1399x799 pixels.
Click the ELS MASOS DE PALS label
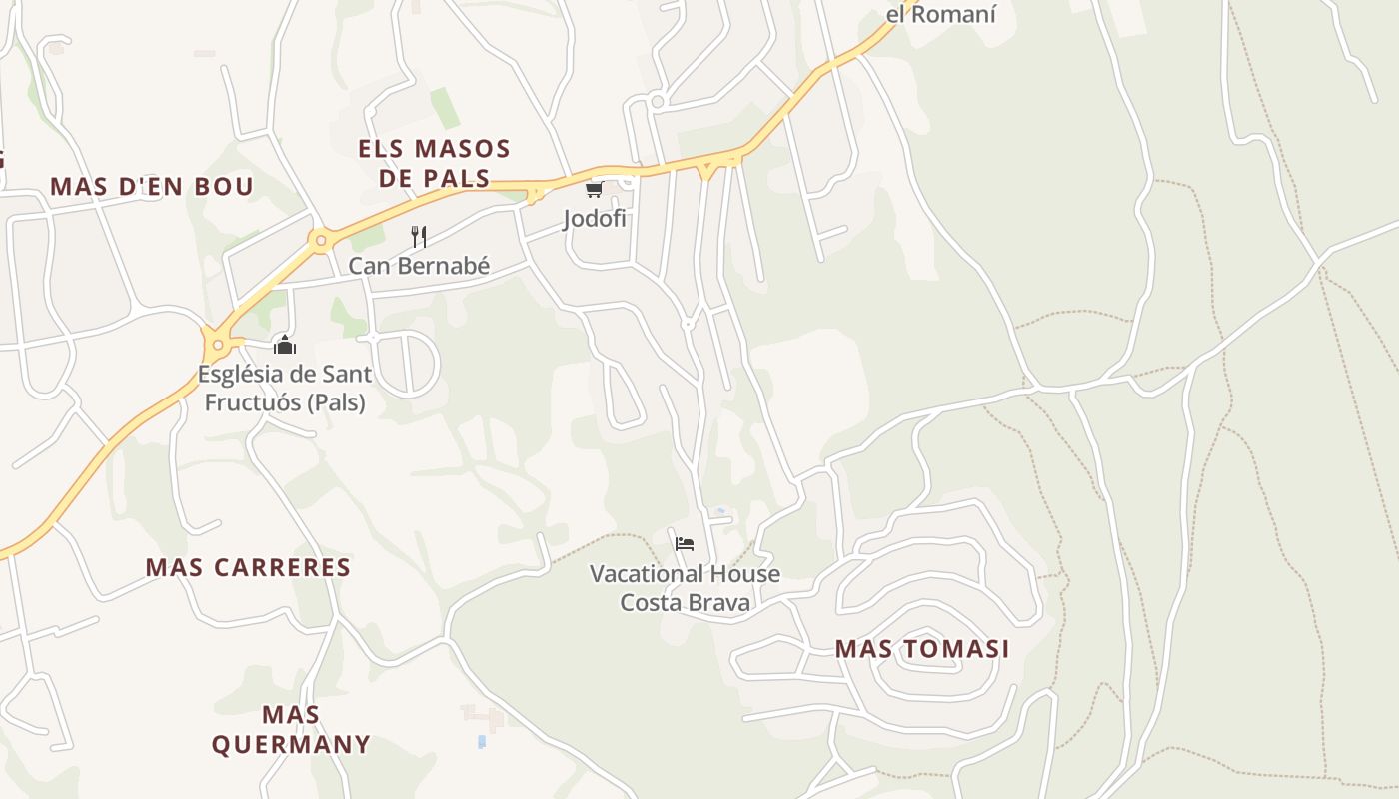point(434,164)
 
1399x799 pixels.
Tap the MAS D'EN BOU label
point(152,186)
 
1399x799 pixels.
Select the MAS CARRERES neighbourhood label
point(248,567)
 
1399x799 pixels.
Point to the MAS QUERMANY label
point(291,729)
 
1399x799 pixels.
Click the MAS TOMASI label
point(921,649)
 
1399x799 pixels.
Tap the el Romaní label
point(940,15)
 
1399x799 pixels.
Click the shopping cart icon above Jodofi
point(594,188)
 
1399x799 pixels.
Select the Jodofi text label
point(594,218)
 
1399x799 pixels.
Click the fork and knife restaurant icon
point(419,237)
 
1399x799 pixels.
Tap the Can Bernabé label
point(419,266)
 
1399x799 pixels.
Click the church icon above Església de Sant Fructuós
point(285,345)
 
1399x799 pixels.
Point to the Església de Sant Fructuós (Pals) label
point(285,389)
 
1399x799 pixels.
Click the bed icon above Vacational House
point(685,544)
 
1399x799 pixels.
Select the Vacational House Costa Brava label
point(685,588)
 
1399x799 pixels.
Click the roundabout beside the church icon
point(218,346)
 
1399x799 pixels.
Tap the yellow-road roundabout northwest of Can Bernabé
point(320,239)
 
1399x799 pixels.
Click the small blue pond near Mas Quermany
point(482,742)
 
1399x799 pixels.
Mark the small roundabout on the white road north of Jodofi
point(657,101)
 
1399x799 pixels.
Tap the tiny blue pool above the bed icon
point(720,511)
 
